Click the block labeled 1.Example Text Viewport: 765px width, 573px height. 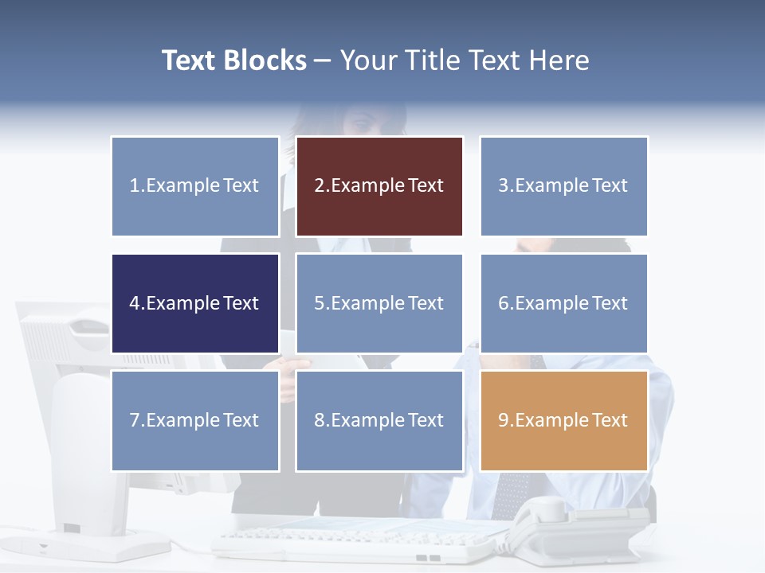(x=195, y=186)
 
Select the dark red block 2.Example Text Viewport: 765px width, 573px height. (x=379, y=186)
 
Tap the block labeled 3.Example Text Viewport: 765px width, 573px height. (x=563, y=186)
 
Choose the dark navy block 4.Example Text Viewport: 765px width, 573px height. (x=195, y=303)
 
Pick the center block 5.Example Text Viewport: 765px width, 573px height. (x=379, y=303)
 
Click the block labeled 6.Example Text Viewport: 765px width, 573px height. (x=563, y=303)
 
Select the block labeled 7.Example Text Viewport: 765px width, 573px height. (x=195, y=420)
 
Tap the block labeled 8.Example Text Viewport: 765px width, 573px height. (x=379, y=420)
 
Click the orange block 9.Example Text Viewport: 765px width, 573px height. (x=563, y=420)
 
